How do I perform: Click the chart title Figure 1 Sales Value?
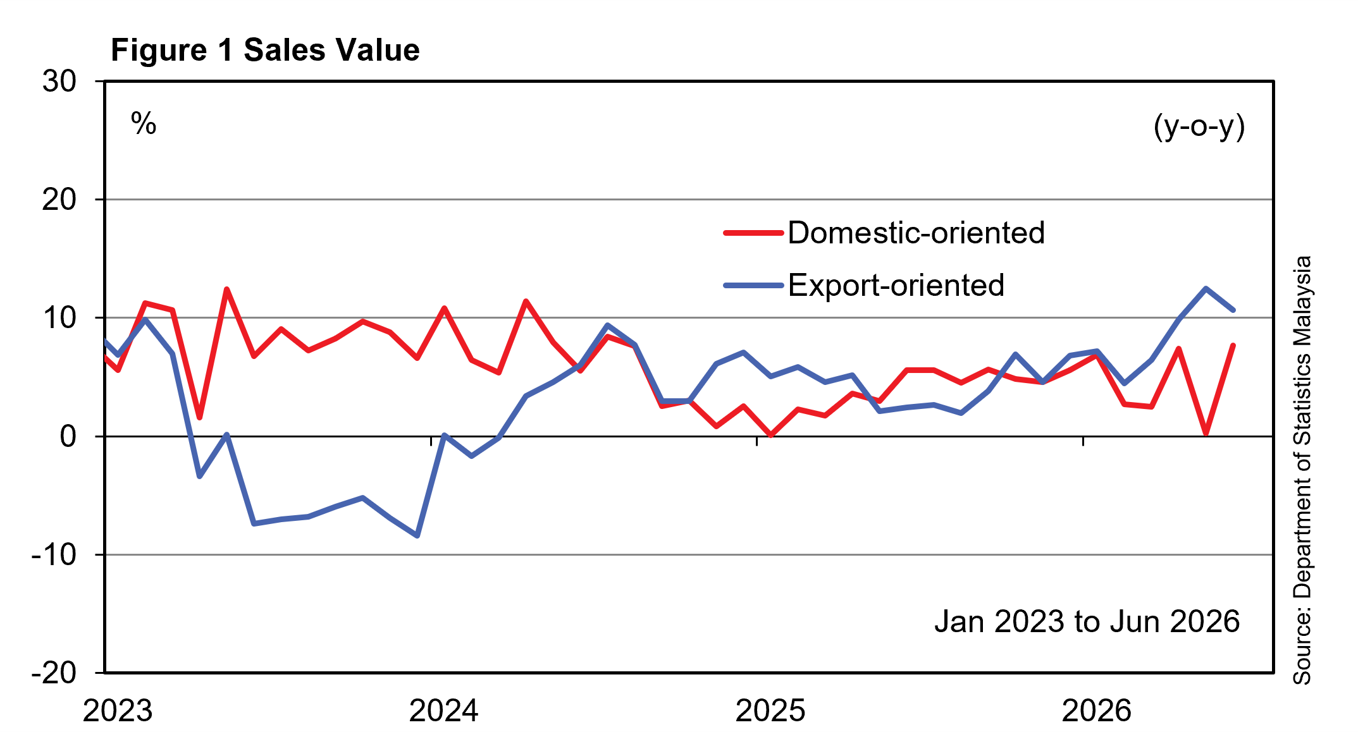[x=265, y=50]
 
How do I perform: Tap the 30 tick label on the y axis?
[x=59, y=82]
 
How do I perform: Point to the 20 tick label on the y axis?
[x=59, y=200]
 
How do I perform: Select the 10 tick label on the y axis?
[x=59, y=318]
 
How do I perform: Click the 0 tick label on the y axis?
[x=68, y=436]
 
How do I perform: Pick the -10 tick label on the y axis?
[x=54, y=554]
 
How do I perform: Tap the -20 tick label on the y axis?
[x=54, y=673]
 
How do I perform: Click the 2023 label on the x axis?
[x=118, y=711]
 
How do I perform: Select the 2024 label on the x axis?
[x=444, y=711]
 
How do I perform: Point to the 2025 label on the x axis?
[x=770, y=711]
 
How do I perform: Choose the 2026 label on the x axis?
[x=1096, y=711]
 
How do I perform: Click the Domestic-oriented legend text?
[x=917, y=233]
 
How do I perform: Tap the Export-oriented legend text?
[x=896, y=286]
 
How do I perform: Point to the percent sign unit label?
[x=144, y=123]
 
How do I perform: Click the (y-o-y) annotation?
[x=1199, y=126]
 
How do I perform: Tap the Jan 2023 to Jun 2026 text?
[x=1087, y=621]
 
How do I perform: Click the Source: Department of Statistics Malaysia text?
[x=1302, y=470]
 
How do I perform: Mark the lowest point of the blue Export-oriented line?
[x=417, y=536]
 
